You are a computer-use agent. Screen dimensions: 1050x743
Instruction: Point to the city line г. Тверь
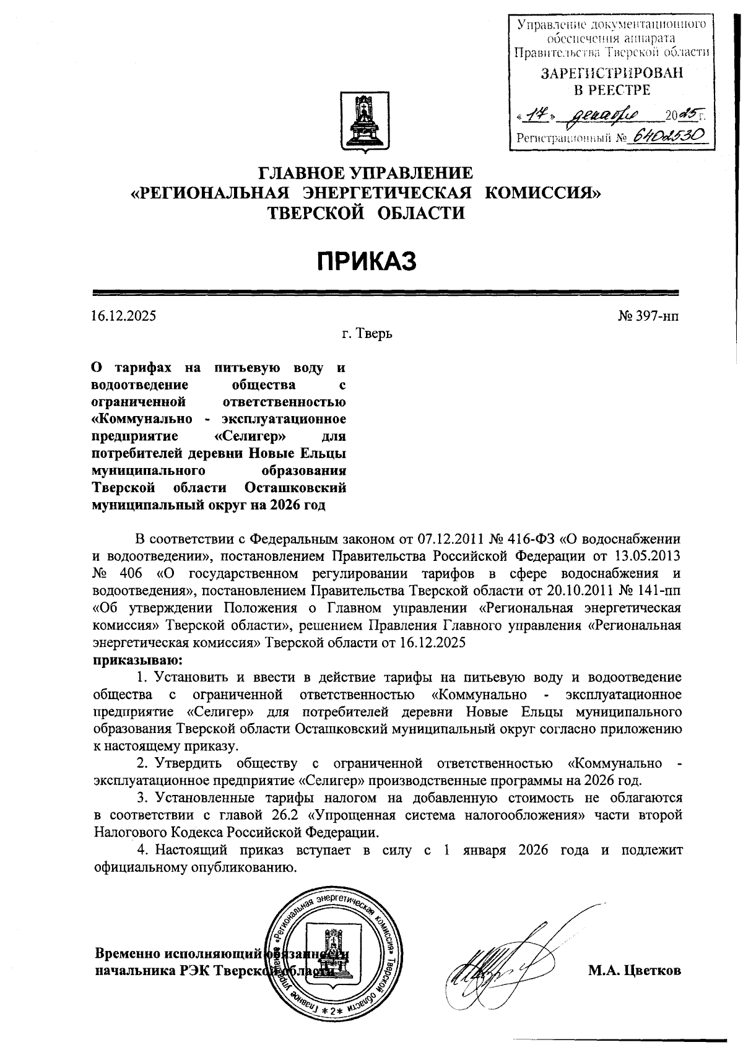(x=367, y=334)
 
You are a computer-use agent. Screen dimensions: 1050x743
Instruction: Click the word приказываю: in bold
(x=137, y=659)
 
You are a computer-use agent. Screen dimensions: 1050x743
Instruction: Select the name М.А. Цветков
(x=635, y=971)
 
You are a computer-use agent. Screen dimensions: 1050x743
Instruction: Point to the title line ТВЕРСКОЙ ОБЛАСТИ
(x=365, y=214)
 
